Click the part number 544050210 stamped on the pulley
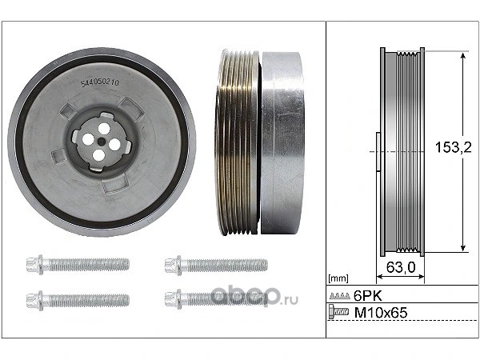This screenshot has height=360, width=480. (100, 83)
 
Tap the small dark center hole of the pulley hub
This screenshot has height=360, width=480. (101, 142)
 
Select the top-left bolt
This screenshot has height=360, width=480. (78, 265)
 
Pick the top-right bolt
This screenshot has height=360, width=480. (216, 265)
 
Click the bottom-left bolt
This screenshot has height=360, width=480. (78, 300)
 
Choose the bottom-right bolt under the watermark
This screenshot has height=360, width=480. (216, 299)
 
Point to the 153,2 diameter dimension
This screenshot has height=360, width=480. (454, 148)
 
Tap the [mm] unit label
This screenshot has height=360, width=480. (338, 278)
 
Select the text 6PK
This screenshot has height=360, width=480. (368, 296)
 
